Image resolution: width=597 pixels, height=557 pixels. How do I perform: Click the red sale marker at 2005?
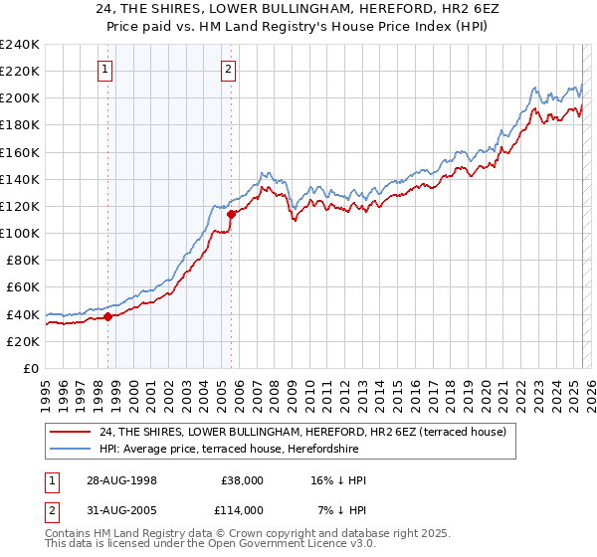[231, 214]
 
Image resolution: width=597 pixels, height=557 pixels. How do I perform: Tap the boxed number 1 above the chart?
[105, 69]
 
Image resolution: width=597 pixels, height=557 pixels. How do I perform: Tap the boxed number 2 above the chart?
[229, 69]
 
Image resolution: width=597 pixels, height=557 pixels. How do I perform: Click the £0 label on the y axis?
[30, 368]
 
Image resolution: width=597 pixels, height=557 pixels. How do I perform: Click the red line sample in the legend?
[71, 432]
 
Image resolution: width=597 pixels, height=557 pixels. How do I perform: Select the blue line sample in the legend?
[71, 449]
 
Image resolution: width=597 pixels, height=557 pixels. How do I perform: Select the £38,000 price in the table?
[242, 480]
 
